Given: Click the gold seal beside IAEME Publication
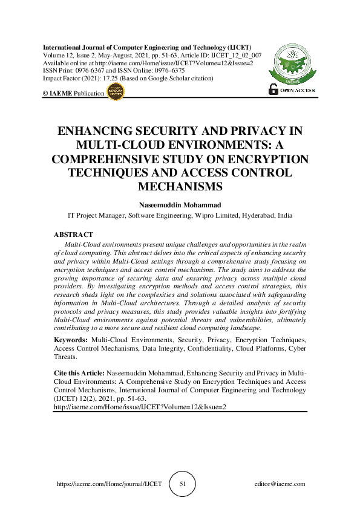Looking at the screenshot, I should pos(115,92).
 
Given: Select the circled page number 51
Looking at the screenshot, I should pos(182,484).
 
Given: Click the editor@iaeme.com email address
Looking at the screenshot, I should pos(280,484).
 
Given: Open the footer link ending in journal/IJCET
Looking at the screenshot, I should pos(109,484).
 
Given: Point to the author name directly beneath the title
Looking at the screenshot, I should pos(180,205).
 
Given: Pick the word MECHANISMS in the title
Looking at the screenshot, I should pos(180,186).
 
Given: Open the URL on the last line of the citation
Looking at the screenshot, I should pos(140,407).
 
